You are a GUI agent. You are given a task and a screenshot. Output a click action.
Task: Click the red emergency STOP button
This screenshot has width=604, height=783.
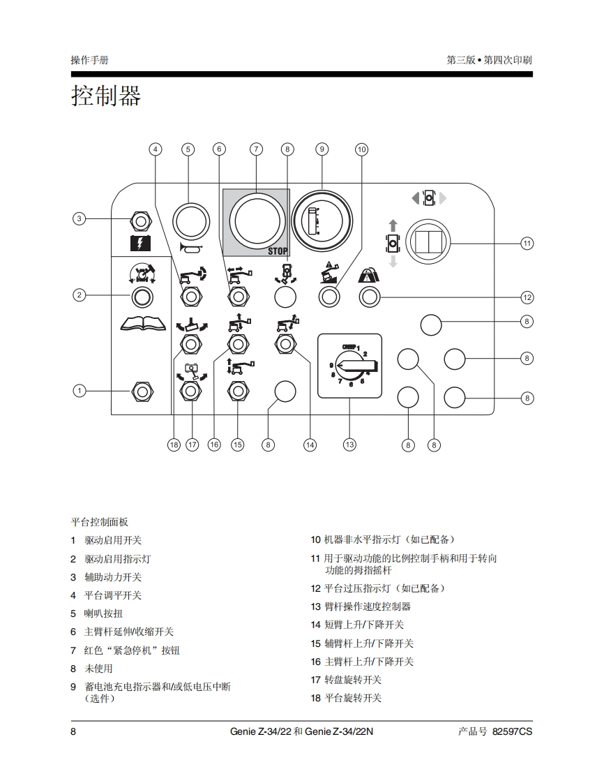tap(256, 219)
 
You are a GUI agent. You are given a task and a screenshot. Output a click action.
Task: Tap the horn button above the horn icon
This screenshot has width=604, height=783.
tap(190, 221)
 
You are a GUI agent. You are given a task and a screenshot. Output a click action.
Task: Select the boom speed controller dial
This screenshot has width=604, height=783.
tap(349, 366)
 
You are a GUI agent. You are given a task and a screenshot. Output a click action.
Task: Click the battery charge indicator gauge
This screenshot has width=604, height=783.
tap(322, 219)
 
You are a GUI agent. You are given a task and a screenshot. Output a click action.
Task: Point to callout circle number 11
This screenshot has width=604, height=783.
tap(527, 243)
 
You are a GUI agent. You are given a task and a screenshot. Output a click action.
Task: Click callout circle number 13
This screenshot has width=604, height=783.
tap(349, 445)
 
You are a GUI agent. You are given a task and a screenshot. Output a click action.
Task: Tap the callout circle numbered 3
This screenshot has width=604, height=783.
tap(80, 219)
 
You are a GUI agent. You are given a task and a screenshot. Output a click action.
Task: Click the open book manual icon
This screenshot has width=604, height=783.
tap(142, 323)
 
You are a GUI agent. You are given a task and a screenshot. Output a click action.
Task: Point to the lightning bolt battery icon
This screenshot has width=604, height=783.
tap(141, 244)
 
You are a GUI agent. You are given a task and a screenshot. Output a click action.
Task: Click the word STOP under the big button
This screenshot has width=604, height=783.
tap(278, 251)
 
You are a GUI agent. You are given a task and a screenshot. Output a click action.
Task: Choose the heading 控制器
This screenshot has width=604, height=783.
tap(106, 96)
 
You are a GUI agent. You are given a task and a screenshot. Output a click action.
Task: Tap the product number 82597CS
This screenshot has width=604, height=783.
tap(512, 731)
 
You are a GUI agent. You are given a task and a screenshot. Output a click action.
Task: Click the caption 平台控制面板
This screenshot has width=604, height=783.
tap(100, 522)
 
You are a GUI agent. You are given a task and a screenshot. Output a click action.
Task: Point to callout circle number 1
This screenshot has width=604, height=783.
tap(80, 391)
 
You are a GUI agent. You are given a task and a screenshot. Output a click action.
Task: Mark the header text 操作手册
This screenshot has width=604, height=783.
tap(89, 60)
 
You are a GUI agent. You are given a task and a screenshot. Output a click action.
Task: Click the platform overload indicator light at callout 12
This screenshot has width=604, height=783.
tap(369, 297)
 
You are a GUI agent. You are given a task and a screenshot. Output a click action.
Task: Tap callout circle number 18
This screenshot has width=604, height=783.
tap(174, 445)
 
